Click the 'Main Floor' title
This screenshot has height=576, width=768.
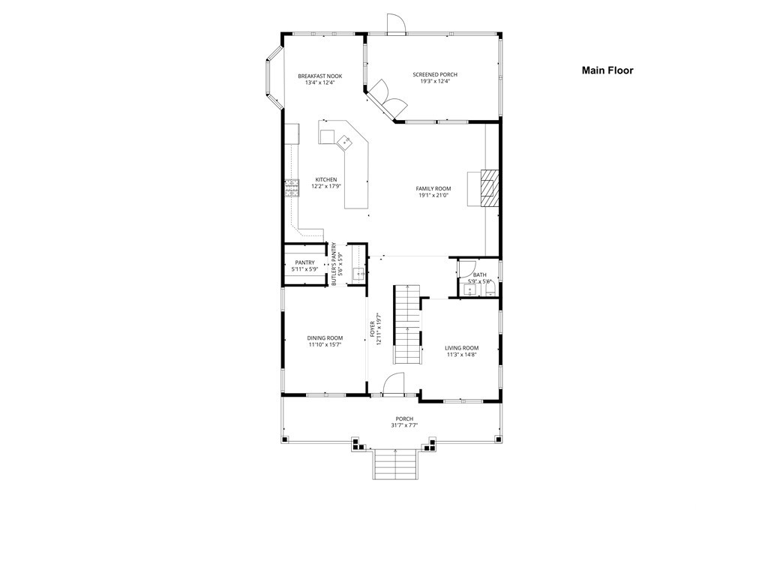607,70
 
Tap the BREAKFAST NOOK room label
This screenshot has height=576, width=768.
319,76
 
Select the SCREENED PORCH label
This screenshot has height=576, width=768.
435,74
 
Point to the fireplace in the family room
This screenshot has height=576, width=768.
488,187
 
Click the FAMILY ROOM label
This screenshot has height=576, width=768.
433,188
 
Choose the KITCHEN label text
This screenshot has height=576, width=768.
325,180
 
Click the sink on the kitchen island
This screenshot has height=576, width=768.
346,140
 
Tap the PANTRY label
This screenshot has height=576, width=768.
304,262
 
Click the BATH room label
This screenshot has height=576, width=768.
479,275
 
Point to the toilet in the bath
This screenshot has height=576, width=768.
490,289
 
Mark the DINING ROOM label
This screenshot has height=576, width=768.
325,338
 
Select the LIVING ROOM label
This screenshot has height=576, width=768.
461,348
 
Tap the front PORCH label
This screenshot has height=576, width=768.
404,418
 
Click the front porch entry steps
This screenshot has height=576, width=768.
394,463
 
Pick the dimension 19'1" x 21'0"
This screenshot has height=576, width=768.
433,196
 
